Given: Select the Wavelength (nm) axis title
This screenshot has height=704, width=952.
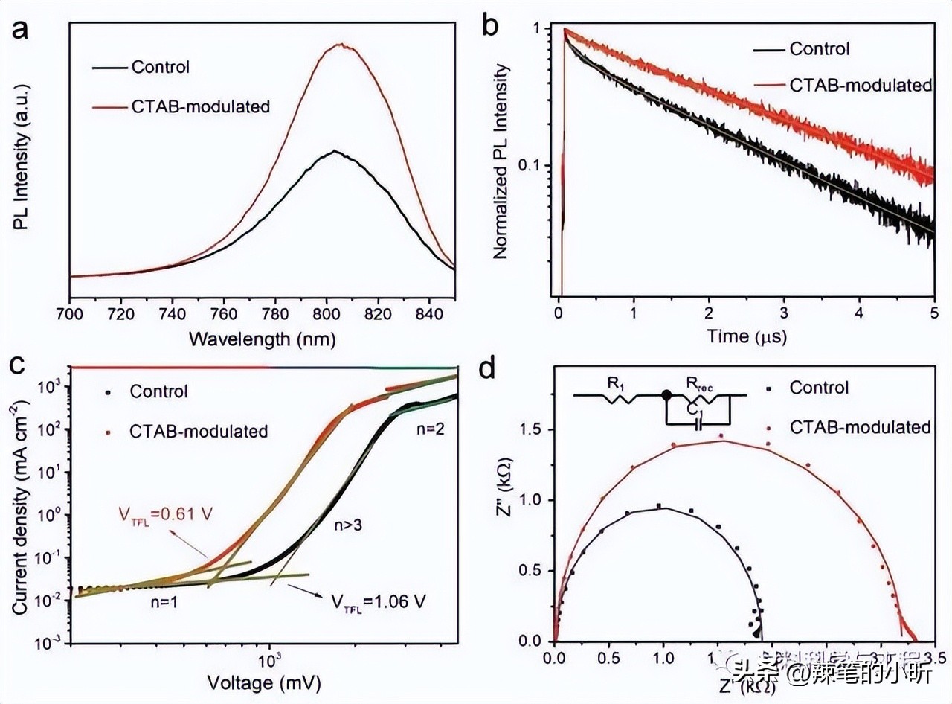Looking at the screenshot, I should point(262,339).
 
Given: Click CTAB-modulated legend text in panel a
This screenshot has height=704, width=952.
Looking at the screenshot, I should point(200,106).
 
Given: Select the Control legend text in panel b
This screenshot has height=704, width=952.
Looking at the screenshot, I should point(819,49).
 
